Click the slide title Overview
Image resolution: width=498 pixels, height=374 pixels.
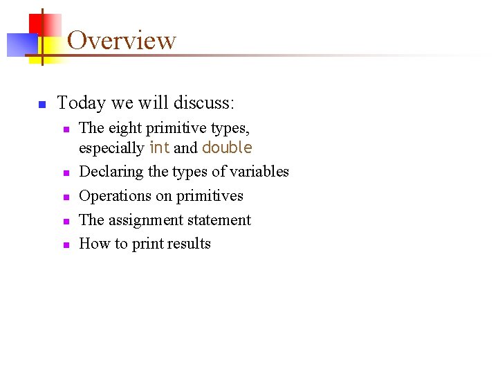122,40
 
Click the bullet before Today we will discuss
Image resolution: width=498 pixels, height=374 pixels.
41,105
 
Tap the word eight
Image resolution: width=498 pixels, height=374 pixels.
122,128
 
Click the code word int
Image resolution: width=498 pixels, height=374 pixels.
159,148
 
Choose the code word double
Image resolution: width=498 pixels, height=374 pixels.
227,148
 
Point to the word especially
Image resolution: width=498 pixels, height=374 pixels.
111,148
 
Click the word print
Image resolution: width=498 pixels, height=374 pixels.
146,244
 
